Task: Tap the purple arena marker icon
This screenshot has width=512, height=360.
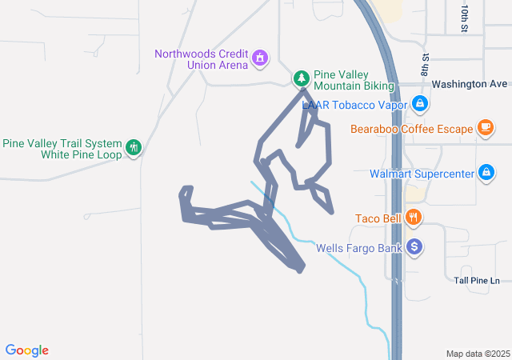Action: (259, 58)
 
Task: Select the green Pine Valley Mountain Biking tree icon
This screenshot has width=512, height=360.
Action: (302, 78)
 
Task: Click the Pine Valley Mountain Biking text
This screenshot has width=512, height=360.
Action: (354, 78)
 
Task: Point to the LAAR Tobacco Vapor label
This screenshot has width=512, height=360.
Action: (354, 104)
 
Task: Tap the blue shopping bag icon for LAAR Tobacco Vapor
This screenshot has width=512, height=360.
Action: (419, 103)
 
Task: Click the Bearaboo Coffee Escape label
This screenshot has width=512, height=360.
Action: (411, 128)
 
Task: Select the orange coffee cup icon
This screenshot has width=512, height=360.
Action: (486, 127)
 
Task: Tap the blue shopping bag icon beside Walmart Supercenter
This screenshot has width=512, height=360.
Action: (486, 173)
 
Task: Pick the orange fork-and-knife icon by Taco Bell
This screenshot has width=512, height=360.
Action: (413, 217)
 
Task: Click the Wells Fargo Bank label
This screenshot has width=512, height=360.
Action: (359, 248)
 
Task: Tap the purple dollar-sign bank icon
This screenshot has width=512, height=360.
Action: (414, 247)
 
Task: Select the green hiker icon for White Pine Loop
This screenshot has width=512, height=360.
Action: (134, 147)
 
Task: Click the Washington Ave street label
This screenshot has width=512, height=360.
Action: (469, 83)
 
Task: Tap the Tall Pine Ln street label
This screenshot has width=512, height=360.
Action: (476, 280)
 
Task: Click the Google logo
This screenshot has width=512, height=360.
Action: (27, 350)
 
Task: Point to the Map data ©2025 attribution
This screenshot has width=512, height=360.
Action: (477, 354)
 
